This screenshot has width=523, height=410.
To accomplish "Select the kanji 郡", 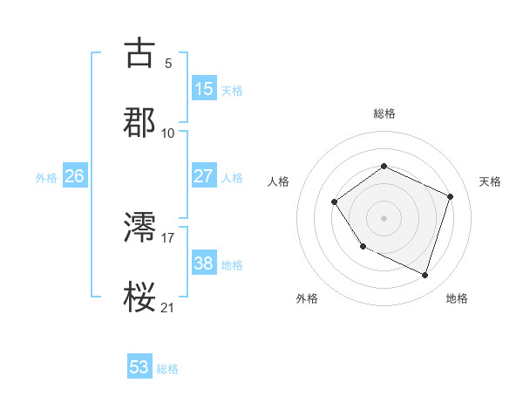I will coord(139,121).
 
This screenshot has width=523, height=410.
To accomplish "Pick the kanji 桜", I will coord(139,297).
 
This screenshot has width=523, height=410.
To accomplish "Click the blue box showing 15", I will coord(203,89).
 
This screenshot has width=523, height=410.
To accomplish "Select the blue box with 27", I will coord(203,176).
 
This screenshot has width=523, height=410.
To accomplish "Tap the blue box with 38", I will coord(203,263).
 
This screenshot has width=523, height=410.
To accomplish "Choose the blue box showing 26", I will coord(74,176).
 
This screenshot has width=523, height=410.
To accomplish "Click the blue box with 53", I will coord(139,367).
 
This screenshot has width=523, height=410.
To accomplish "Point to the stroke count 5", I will coord(168,63).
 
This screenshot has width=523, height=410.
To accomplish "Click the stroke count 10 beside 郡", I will coord(168,133).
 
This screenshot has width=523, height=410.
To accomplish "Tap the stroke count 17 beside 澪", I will coord(168,236).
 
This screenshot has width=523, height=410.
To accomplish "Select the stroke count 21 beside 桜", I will coord(168,306).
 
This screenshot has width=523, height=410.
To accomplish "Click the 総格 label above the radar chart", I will coord(384,113).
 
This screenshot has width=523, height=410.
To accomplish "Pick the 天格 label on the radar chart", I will coord(490,181).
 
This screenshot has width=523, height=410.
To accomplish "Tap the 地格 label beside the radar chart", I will coord(457,298).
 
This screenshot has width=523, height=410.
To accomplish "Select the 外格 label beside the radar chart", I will coord(307,298).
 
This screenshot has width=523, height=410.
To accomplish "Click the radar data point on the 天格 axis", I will coord(451,196).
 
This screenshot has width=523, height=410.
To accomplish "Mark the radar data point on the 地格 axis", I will coord(425,276).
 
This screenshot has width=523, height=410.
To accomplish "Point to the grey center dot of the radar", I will coord(384,218).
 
